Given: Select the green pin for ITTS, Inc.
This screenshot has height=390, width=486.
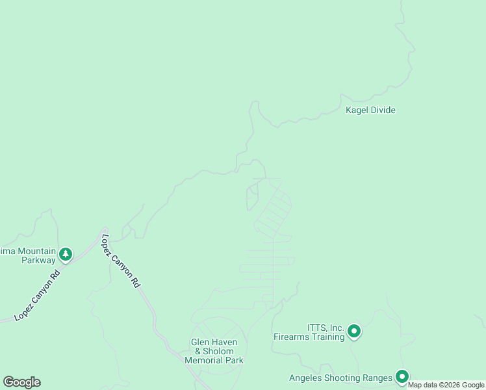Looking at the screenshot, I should (354, 332).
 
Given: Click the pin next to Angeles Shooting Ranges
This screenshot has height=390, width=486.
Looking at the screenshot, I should (402, 376).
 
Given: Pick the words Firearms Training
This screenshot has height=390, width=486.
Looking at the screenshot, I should (309, 337).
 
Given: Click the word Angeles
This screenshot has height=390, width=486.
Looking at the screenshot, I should (305, 378).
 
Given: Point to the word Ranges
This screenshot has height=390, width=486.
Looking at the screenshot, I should (377, 378).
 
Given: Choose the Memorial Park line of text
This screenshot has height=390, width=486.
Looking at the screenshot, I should (214, 360).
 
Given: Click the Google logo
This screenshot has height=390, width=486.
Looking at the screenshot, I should (21, 382).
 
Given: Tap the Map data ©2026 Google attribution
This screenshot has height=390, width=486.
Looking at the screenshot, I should (446, 385).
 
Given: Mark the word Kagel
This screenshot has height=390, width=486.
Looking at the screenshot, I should (357, 110).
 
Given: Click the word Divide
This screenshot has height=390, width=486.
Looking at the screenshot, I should (383, 110).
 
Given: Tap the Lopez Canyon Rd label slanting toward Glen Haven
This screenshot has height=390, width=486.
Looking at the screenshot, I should (121, 261).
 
